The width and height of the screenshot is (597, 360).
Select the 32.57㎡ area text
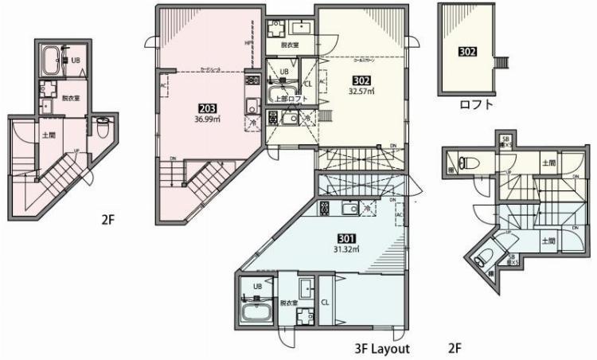(361, 91)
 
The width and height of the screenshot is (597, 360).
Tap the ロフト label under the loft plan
(476, 104)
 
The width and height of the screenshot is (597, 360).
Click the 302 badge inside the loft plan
(467, 52)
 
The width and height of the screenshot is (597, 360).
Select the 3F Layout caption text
(381, 349)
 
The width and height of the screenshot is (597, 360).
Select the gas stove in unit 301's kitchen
(325, 209)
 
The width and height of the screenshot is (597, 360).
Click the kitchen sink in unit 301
(349, 209)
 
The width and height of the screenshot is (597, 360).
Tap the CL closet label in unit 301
(325, 302)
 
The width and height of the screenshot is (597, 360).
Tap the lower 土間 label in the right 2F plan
(548, 241)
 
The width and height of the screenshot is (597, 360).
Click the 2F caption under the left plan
(108, 217)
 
